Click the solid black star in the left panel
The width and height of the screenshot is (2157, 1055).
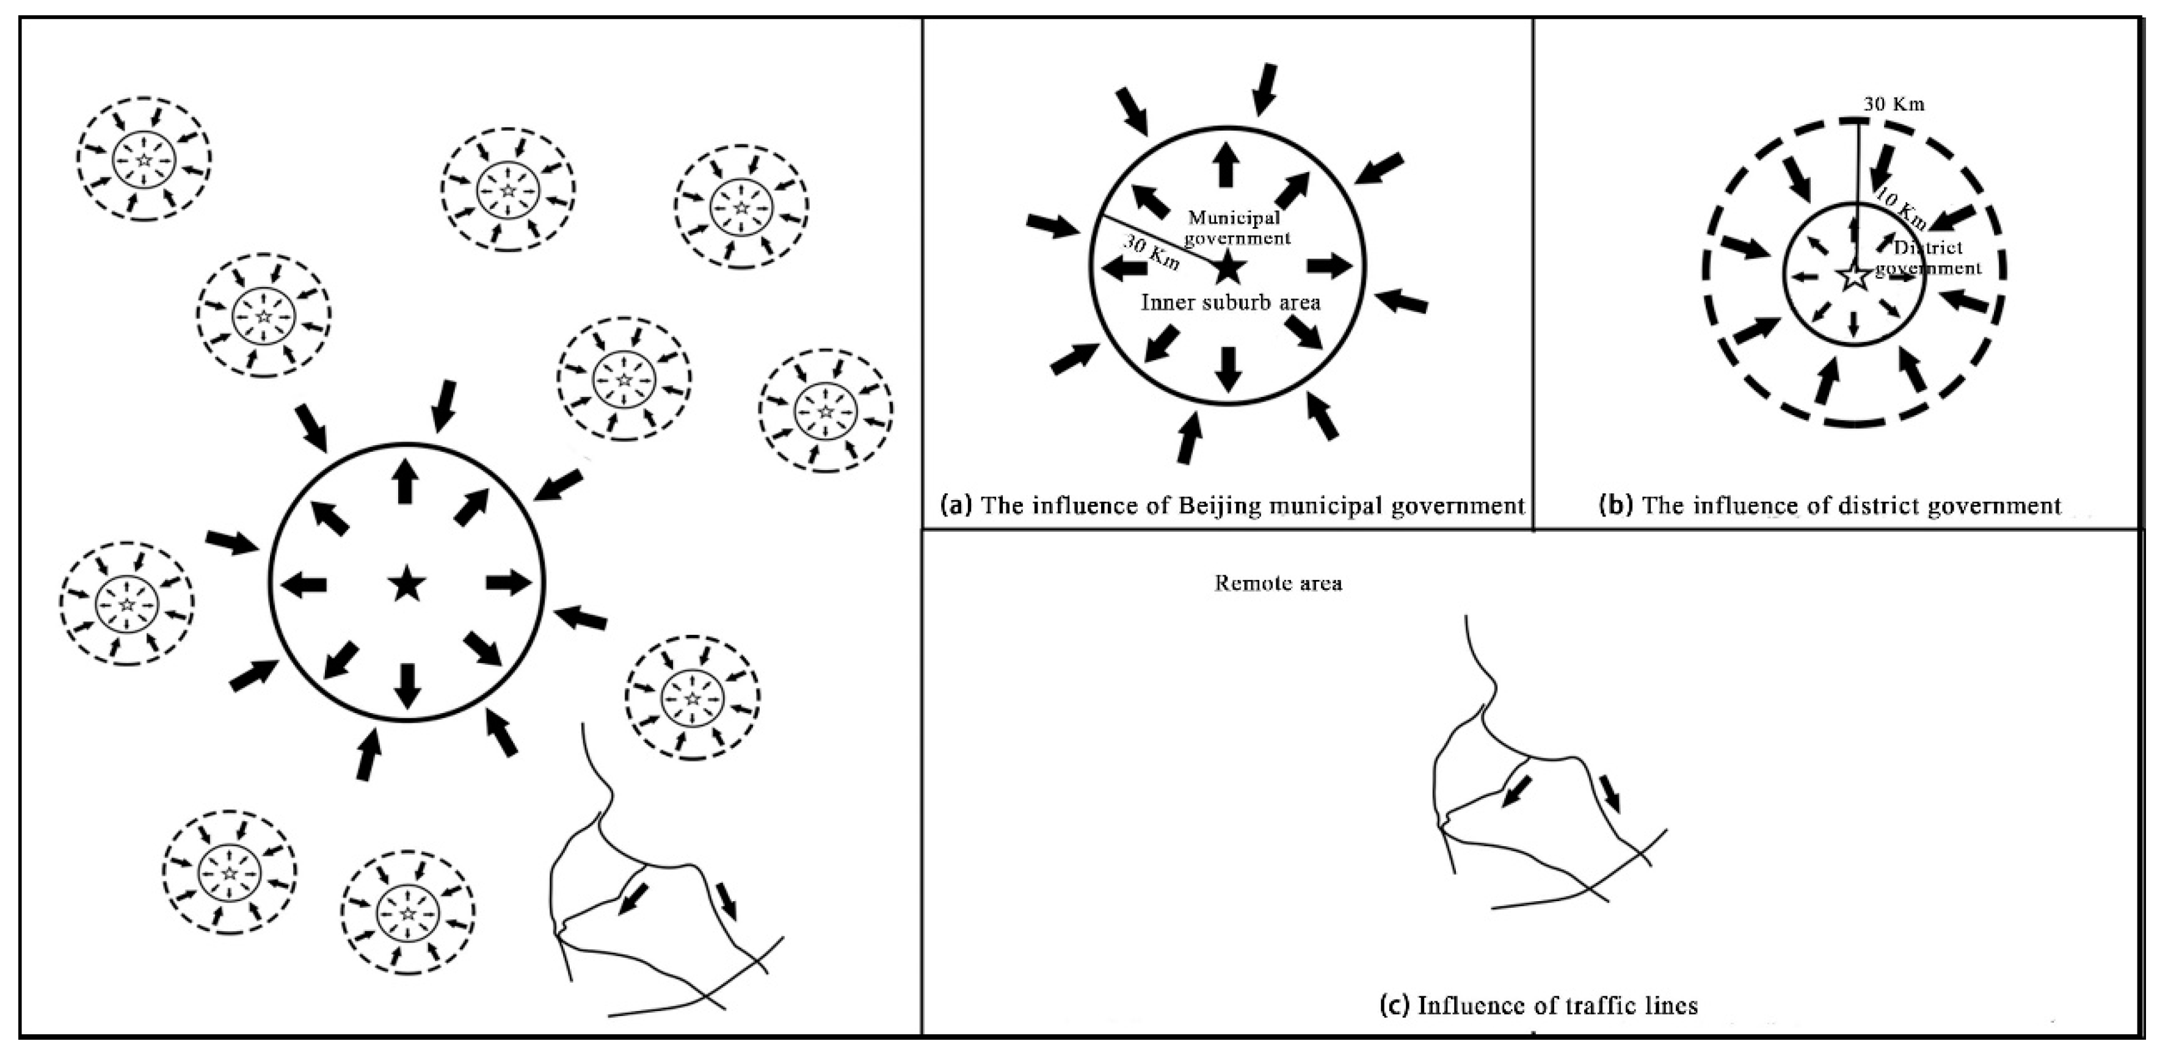point(407,583)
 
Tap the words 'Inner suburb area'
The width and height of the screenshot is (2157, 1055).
point(1230,302)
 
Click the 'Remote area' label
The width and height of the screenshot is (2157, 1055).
point(1278,584)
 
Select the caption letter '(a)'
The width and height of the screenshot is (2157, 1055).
point(956,506)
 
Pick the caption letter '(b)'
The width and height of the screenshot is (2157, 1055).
point(1616,506)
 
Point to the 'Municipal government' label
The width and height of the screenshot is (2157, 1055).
point(1235,228)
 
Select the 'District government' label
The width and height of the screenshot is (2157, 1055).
point(1927,258)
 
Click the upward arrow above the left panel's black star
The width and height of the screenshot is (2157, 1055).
point(406,482)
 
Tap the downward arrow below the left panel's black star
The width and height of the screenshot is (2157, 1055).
point(407,686)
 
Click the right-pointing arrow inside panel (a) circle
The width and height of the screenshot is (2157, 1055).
point(1329,266)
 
